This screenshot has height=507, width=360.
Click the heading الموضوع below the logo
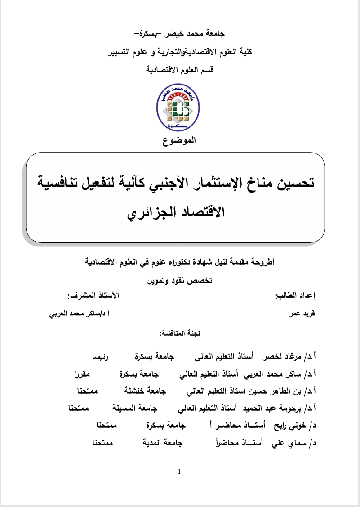pos(179,141)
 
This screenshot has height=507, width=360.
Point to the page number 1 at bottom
pos(179,472)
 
